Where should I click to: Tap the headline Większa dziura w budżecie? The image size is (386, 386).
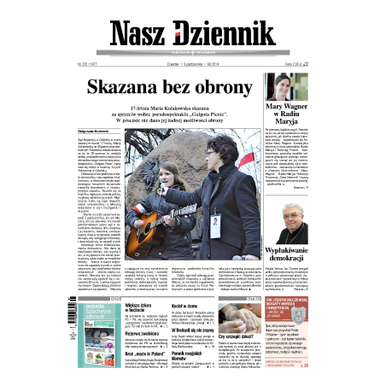point(120,305)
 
